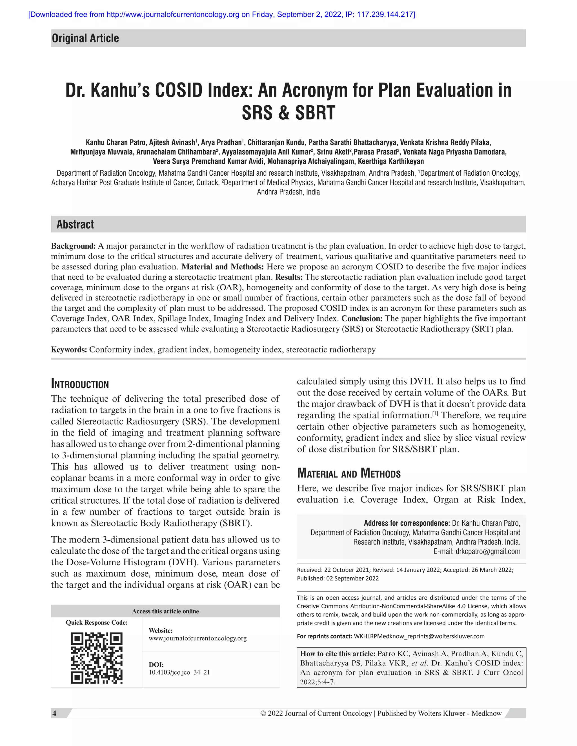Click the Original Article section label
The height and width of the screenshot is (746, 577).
click(85, 38)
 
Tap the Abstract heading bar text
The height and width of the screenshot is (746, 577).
click(75, 224)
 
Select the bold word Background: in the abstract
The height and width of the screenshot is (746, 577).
click(73, 246)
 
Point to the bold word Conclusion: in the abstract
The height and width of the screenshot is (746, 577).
click(362, 319)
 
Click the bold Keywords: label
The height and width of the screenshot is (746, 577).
click(69, 350)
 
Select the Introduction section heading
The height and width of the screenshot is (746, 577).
click(80, 384)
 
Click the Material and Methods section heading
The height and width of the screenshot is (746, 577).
click(349, 473)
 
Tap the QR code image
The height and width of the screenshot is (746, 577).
click(97, 658)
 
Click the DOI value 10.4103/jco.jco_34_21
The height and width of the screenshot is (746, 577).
click(179, 672)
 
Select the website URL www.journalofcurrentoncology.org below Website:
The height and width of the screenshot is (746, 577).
click(197, 638)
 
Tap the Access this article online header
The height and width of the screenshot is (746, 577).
click(165, 611)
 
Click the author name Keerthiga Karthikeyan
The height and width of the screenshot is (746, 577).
click(391, 161)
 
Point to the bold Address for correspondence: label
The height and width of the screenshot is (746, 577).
click(407, 523)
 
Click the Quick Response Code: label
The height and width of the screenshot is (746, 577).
click(96, 623)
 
